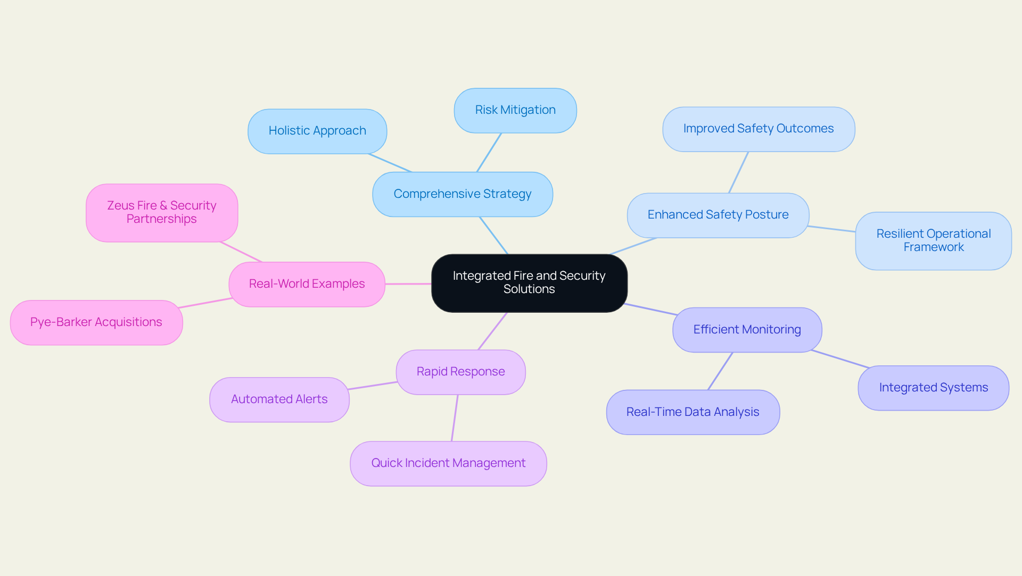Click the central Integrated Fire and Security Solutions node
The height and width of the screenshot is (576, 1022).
(x=529, y=283)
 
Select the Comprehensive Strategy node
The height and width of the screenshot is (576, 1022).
(x=462, y=194)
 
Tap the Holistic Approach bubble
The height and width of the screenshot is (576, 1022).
(x=317, y=131)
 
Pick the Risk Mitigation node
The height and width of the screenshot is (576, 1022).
(x=515, y=111)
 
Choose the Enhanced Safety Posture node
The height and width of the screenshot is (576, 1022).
(x=718, y=215)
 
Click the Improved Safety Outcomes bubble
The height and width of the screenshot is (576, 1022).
(x=758, y=129)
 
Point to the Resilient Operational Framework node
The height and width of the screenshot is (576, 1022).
(x=933, y=241)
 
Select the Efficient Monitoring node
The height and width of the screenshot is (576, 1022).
(x=747, y=330)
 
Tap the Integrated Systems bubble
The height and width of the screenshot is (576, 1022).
(x=933, y=388)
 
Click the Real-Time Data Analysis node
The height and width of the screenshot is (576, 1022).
(x=693, y=412)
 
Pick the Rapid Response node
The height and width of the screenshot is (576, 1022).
(x=460, y=372)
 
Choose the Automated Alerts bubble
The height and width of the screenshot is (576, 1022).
(x=279, y=399)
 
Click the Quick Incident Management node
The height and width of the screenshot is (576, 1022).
(x=448, y=463)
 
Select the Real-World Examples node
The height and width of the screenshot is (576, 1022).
(x=307, y=284)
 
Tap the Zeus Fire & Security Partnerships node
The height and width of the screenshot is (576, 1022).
(x=161, y=213)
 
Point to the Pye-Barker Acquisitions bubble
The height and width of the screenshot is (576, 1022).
(x=96, y=322)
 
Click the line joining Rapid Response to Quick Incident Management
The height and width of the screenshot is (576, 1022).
(x=455, y=418)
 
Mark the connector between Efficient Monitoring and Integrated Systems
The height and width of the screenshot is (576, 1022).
(x=840, y=359)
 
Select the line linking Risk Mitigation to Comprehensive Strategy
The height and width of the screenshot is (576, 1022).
(x=489, y=152)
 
